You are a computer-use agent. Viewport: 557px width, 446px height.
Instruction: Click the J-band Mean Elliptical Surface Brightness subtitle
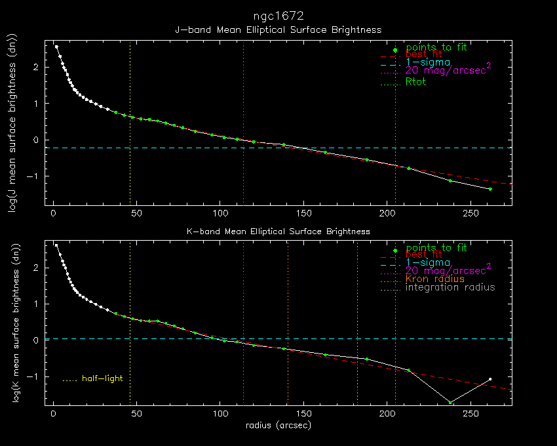click(x=278, y=30)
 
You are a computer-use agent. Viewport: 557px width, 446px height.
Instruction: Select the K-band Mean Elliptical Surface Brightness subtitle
click(x=278, y=232)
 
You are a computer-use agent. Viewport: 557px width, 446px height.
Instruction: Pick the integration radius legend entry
click(x=450, y=287)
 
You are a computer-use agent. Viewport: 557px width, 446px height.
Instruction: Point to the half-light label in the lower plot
click(x=102, y=378)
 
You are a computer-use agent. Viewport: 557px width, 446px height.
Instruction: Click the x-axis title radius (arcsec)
click(x=278, y=426)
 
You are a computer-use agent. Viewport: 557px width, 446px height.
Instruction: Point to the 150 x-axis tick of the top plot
click(x=303, y=213)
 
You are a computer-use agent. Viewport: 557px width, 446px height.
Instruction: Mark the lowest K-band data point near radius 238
click(x=450, y=402)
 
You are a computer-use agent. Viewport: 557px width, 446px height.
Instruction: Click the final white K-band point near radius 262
click(x=490, y=379)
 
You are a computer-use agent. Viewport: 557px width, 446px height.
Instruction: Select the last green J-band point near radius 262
click(x=490, y=189)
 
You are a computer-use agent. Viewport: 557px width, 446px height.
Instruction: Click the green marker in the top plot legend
click(x=394, y=51)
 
